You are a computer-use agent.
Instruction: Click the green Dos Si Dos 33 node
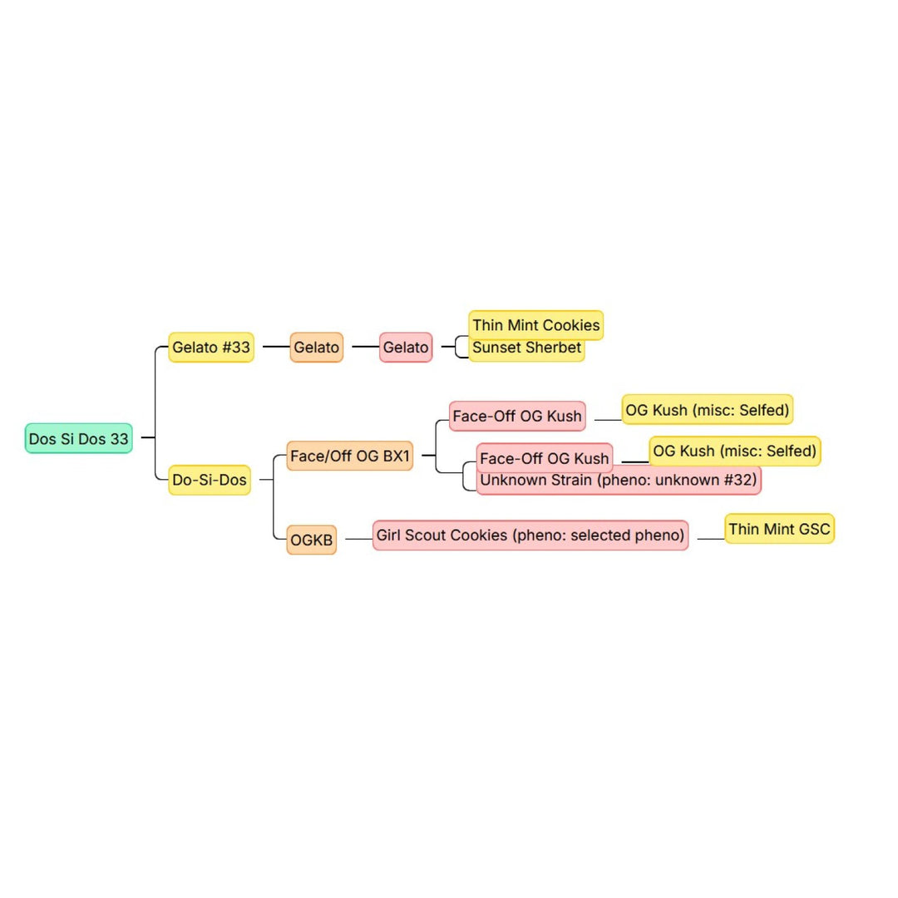(78, 439)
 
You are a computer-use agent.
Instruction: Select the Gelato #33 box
(210, 347)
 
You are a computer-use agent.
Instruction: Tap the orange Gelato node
(316, 347)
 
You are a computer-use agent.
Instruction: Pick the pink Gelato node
(406, 347)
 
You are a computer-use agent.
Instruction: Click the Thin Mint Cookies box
(536, 325)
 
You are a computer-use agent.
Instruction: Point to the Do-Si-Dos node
(209, 480)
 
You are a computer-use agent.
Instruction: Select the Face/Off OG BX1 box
(349, 456)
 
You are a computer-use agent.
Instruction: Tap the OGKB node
(311, 540)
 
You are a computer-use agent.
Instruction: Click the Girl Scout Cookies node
(530, 535)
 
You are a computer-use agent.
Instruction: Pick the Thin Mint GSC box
(779, 529)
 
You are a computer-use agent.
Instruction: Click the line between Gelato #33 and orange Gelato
(276, 347)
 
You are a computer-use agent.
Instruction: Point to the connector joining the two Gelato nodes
(365, 347)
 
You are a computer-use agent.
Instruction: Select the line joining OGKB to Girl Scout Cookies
(358, 539)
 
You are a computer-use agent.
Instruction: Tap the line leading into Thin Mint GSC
(711, 539)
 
